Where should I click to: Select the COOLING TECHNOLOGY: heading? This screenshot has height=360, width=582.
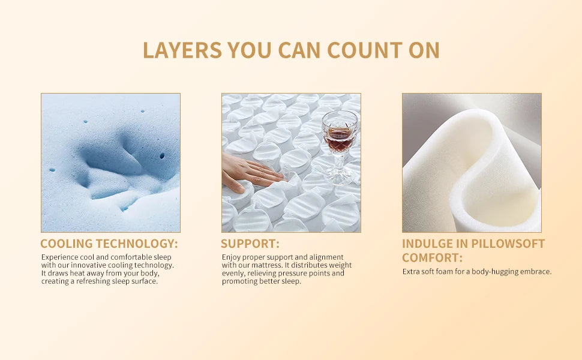(x=109, y=244)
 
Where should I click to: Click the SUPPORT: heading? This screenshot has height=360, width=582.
(x=250, y=244)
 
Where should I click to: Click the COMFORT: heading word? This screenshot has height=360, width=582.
(x=432, y=258)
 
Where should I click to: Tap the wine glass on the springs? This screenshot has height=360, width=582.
(x=340, y=144)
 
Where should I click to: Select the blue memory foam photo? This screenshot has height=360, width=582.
(x=110, y=163)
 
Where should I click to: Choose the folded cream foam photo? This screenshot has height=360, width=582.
(x=472, y=163)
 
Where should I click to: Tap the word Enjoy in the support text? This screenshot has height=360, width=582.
(x=232, y=257)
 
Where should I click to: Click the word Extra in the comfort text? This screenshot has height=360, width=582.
(x=410, y=272)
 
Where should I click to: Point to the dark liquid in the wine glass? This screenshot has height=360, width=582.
(x=339, y=143)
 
